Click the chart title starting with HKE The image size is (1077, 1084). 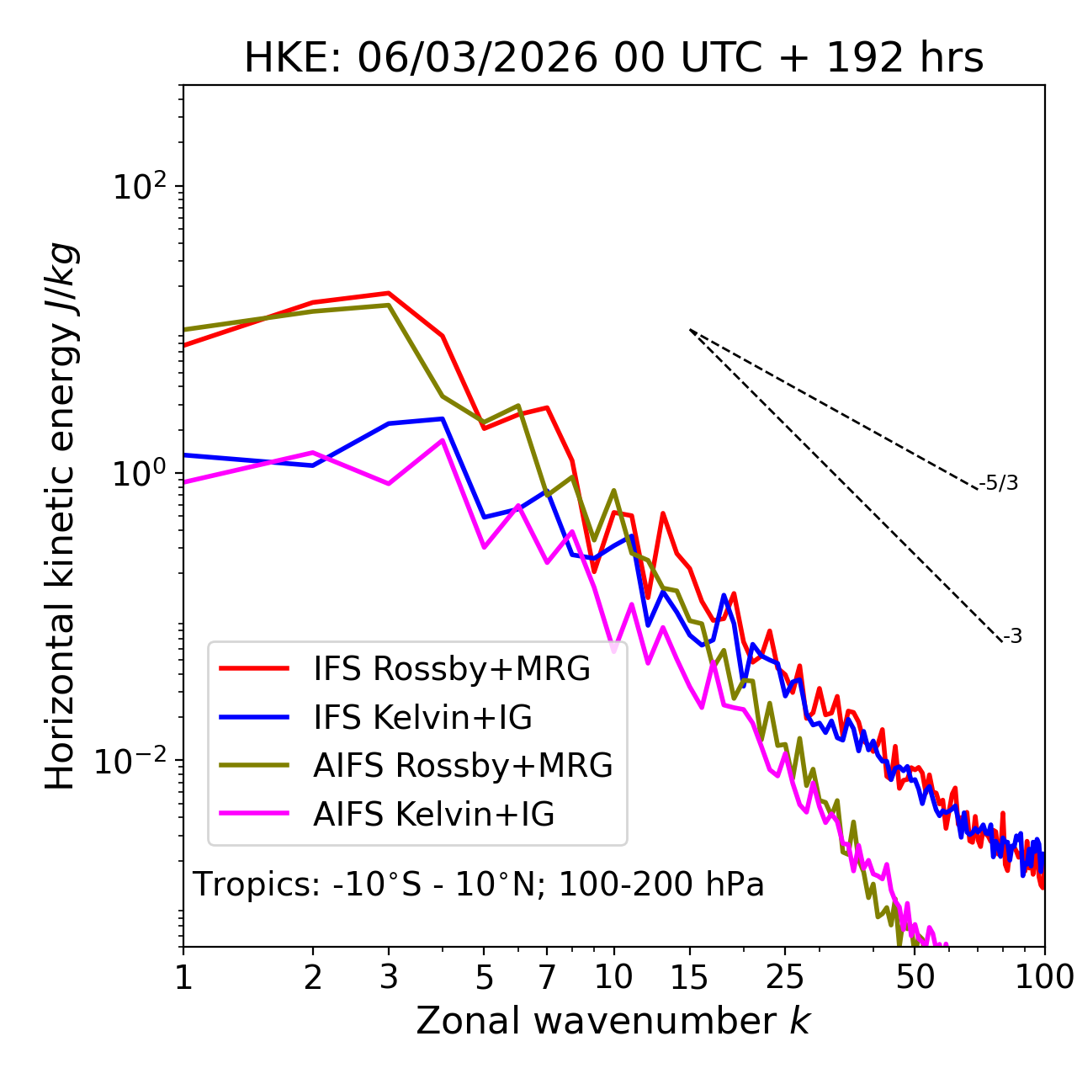[x=613, y=59]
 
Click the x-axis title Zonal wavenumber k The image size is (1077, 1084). [x=613, y=1021]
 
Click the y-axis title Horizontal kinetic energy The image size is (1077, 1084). [x=61, y=516]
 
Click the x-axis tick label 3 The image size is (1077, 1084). [x=388, y=977]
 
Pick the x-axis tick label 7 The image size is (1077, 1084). [x=547, y=977]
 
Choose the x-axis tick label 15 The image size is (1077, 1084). [x=690, y=977]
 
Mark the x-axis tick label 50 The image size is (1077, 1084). [x=915, y=977]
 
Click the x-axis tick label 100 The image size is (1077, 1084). [x=1043, y=977]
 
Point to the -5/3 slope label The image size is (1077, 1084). [x=999, y=484]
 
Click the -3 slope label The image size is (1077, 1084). [x=1012, y=637]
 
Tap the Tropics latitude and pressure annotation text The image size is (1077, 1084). [x=478, y=885]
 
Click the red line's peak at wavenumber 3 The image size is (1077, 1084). [x=388, y=293]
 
